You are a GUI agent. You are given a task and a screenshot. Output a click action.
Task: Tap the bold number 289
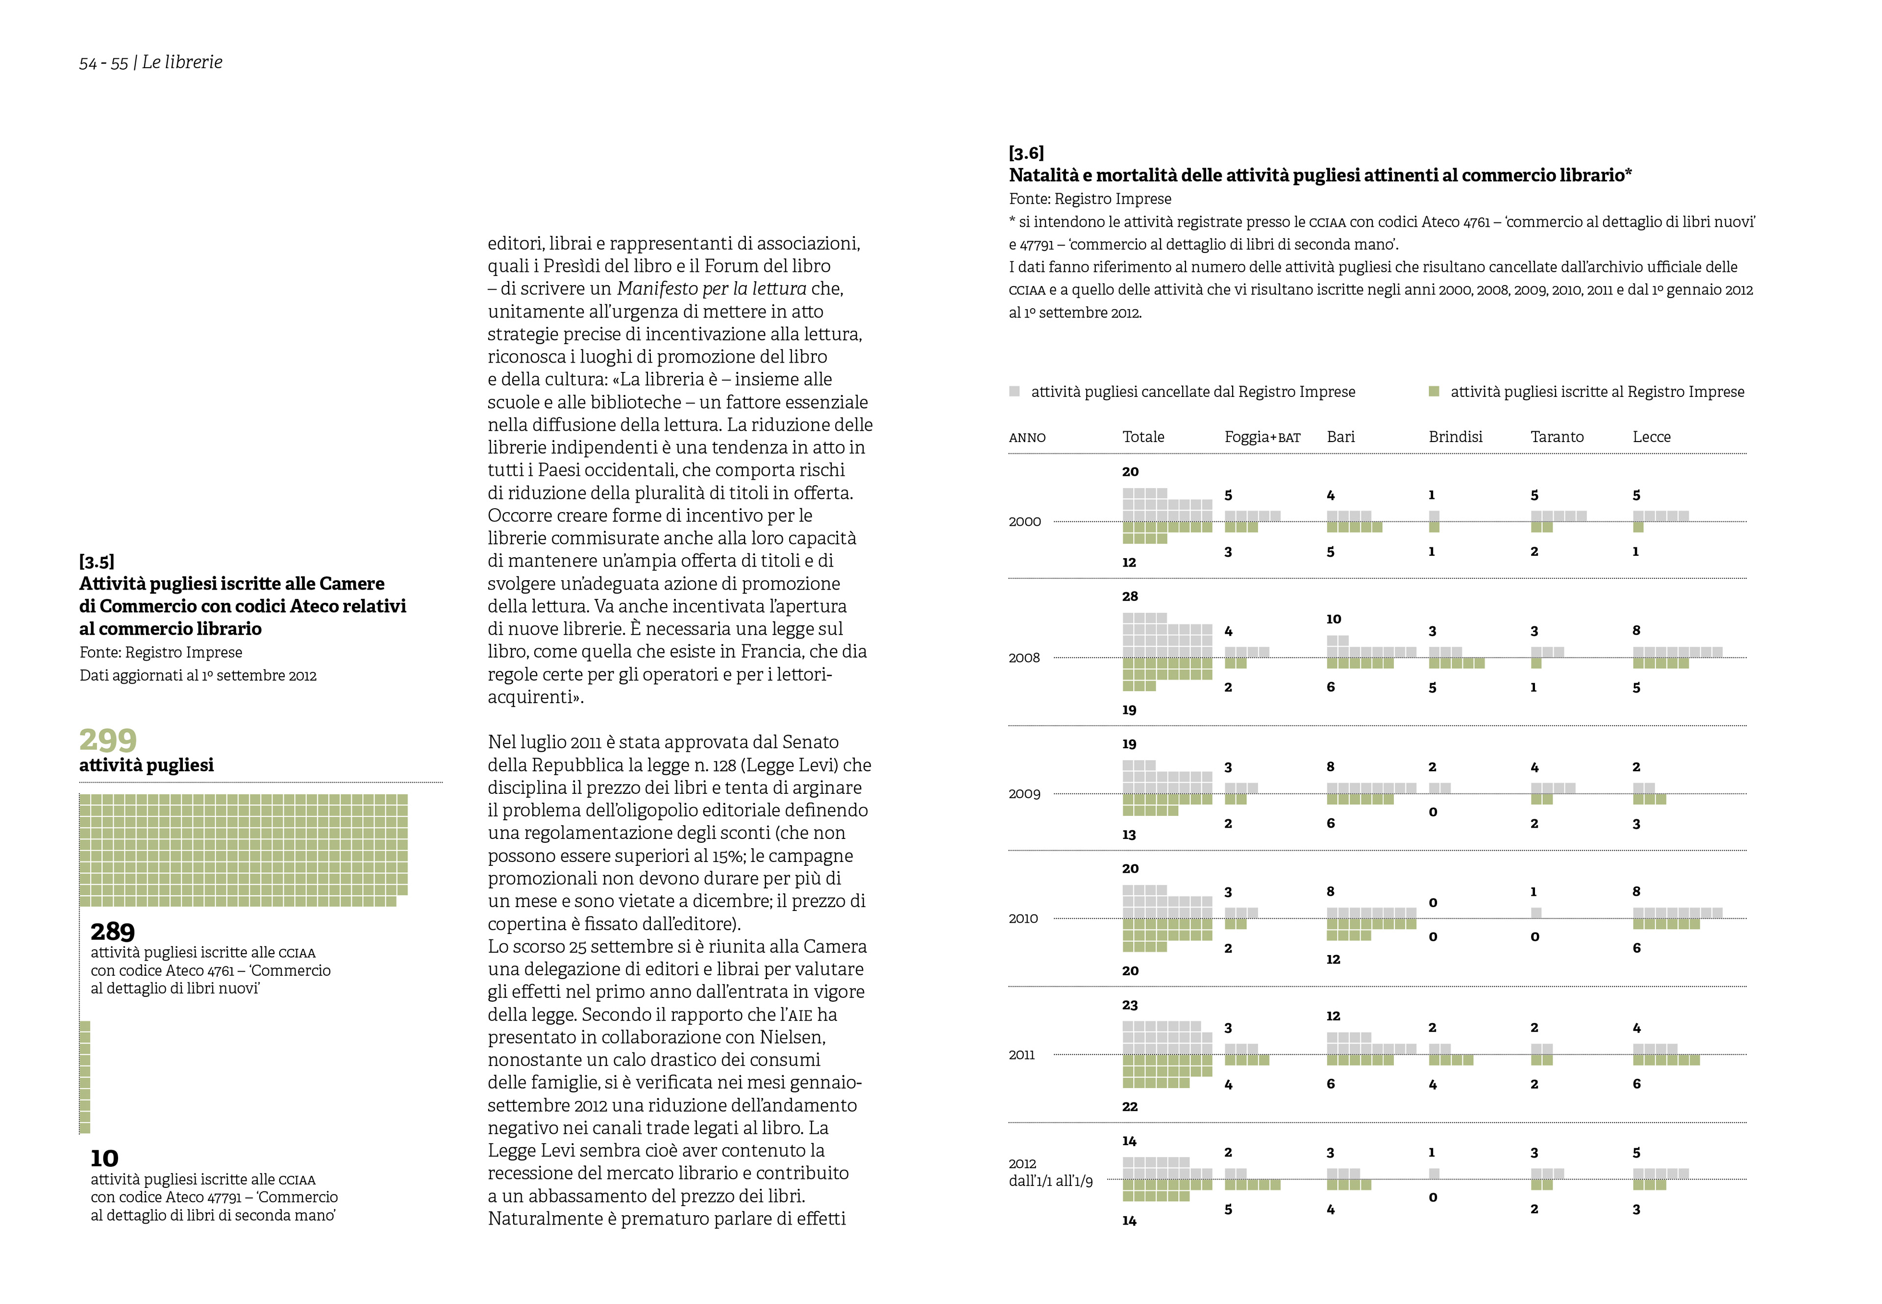click(113, 932)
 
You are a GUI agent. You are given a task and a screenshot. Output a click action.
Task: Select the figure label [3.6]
click(1026, 153)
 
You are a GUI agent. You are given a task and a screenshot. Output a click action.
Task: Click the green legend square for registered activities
click(1434, 392)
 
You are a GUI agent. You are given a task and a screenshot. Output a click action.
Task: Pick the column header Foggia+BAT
click(1262, 437)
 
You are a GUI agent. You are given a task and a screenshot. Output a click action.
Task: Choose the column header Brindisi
click(1456, 437)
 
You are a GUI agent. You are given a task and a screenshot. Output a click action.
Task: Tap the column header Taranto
click(1557, 437)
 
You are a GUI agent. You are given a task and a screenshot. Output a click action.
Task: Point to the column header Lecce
click(1652, 437)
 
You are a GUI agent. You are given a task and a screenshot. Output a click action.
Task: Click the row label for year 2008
click(1024, 658)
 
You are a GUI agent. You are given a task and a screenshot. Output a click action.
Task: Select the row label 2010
click(1023, 918)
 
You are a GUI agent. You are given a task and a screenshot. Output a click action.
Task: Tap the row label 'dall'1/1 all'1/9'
click(1051, 1181)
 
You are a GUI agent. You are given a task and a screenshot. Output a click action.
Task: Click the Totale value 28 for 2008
click(1130, 596)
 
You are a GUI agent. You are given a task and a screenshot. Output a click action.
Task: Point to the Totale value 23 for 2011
click(1130, 1005)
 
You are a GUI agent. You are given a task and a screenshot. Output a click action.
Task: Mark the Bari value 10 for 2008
click(1334, 619)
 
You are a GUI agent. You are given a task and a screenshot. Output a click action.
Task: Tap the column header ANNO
click(1027, 438)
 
